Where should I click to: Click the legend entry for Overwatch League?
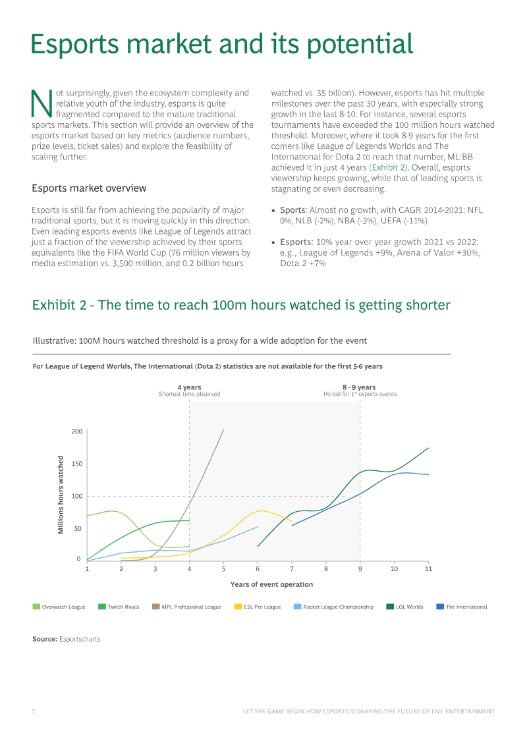tap(59, 607)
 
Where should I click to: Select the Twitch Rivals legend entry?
tap(119, 607)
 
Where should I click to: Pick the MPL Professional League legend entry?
tap(186, 607)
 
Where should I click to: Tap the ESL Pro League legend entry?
tap(258, 607)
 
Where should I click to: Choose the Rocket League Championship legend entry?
tap(333, 607)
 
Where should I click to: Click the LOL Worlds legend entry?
tap(405, 607)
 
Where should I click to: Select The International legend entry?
tap(462, 607)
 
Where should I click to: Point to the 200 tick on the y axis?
tap(77, 431)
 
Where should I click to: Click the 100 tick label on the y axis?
tap(77, 496)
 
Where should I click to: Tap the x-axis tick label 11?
tap(428, 568)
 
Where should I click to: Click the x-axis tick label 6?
tap(258, 568)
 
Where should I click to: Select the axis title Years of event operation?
tap(272, 584)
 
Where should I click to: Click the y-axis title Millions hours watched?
tap(61, 495)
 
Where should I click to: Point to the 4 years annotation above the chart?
tap(189, 387)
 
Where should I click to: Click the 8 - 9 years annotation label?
tap(359, 387)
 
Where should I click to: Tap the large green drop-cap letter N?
tap(42, 103)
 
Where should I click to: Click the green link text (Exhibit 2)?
tap(388, 168)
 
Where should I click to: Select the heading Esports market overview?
tap(90, 188)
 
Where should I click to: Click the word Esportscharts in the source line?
tap(80, 639)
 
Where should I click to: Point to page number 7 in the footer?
tap(33, 711)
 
